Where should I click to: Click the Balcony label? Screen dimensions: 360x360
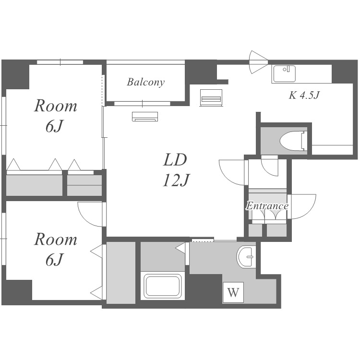point(146,82)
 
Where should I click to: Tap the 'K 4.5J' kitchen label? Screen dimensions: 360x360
point(304,95)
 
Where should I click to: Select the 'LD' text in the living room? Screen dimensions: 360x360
point(175,160)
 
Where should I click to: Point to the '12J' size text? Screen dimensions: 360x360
point(176,180)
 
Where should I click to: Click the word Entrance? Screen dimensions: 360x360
point(267,206)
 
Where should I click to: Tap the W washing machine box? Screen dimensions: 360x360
point(233,292)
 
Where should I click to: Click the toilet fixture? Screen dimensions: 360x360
point(293,141)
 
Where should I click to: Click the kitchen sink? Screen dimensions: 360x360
point(284,74)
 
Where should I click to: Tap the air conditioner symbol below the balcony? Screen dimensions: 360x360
point(145,117)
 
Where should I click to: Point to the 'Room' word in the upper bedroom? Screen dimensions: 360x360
point(56,106)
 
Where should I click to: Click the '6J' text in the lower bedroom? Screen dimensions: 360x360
point(54,260)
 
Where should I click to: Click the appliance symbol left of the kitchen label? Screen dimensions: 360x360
point(211,98)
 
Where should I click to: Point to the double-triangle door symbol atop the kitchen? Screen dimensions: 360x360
point(259,62)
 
